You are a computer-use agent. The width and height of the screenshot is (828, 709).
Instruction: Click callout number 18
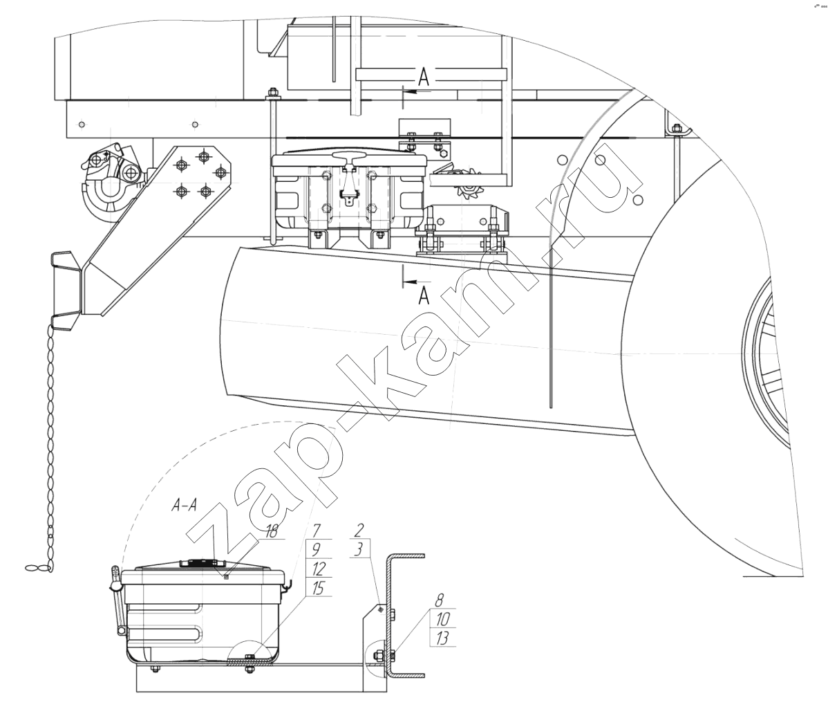pos(271,531)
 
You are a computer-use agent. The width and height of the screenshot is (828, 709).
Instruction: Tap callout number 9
pos(316,549)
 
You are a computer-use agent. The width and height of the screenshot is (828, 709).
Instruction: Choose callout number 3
pos(359,549)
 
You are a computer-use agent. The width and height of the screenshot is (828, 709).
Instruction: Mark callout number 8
pos(440,600)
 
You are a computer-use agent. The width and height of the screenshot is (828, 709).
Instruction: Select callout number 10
pos(442,618)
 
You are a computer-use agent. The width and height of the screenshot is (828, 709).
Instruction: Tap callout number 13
pos(442,638)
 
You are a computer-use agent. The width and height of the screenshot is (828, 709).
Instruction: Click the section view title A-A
pos(184,506)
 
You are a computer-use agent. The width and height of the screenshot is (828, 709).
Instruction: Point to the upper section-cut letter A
pos(424,78)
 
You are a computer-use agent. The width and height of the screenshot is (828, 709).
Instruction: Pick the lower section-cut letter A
pos(424,297)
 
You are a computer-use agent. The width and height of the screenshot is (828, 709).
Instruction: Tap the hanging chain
pos(50,439)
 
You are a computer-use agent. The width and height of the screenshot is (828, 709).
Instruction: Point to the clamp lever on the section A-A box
pos(118,600)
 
